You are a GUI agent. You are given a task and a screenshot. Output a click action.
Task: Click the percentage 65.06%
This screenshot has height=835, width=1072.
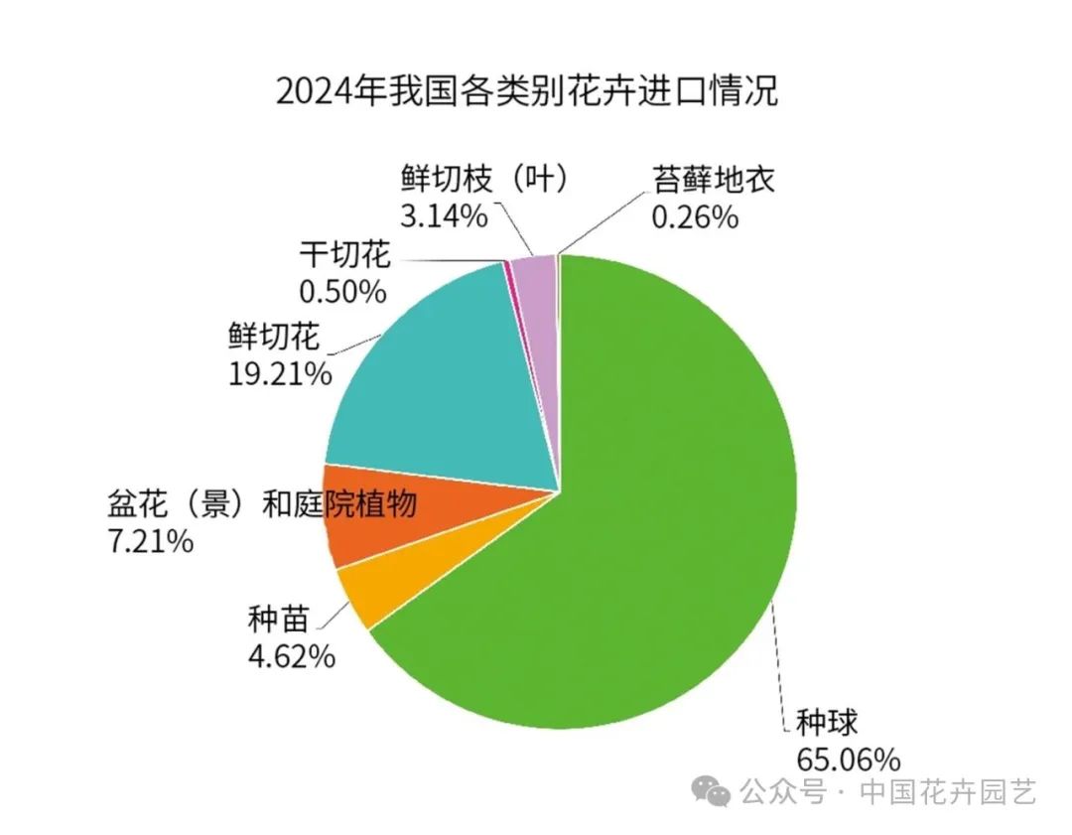[848, 761]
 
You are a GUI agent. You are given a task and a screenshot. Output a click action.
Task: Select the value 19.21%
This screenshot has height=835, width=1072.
[279, 373]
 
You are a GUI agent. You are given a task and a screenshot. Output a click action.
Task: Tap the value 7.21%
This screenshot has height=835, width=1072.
[150, 542]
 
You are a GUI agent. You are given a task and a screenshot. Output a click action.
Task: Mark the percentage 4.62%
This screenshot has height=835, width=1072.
[291, 656]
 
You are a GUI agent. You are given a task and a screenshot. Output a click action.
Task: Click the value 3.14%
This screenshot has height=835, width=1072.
[444, 214]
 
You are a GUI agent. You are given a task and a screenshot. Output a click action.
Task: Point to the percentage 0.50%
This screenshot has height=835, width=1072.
[341, 291]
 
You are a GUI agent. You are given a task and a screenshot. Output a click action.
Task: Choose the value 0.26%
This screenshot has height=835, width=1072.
[695, 215]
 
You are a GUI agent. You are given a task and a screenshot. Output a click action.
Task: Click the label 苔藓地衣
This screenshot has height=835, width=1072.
[713, 180]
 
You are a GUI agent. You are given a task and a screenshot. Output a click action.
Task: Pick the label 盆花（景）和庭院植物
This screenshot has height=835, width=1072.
[261, 505]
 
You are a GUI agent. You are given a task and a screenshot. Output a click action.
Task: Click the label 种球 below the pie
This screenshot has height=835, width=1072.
[826, 723]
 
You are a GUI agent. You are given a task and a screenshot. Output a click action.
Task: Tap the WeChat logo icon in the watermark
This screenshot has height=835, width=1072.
[715, 792]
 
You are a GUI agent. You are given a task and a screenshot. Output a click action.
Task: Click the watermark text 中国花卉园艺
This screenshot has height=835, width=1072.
[948, 792]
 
